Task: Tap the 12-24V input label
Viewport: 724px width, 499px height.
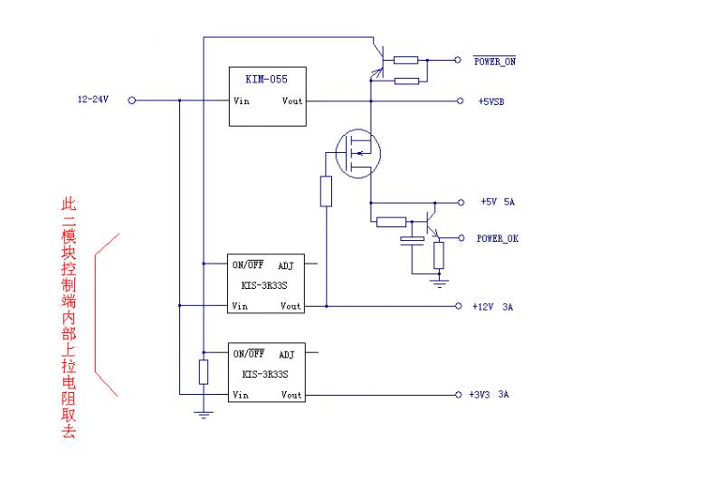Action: [x=93, y=101]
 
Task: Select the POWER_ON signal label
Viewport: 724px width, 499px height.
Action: [x=495, y=62]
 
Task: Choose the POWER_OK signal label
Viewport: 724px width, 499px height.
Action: [x=497, y=239]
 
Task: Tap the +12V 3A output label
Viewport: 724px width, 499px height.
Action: [x=492, y=307]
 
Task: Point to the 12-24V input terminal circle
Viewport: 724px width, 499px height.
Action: [x=132, y=101]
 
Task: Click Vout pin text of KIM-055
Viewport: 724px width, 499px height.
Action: [x=292, y=101]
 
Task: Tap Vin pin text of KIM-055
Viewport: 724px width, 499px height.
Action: [x=242, y=101]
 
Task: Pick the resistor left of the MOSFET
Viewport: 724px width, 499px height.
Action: [x=326, y=191]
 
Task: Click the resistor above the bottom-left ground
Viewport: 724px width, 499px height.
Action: [x=204, y=371]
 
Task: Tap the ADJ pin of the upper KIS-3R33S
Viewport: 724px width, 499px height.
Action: [x=287, y=266]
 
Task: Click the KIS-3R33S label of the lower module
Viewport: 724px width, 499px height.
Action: [x=265, y=374]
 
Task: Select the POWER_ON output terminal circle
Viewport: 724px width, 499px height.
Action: [x=457, y=61]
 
